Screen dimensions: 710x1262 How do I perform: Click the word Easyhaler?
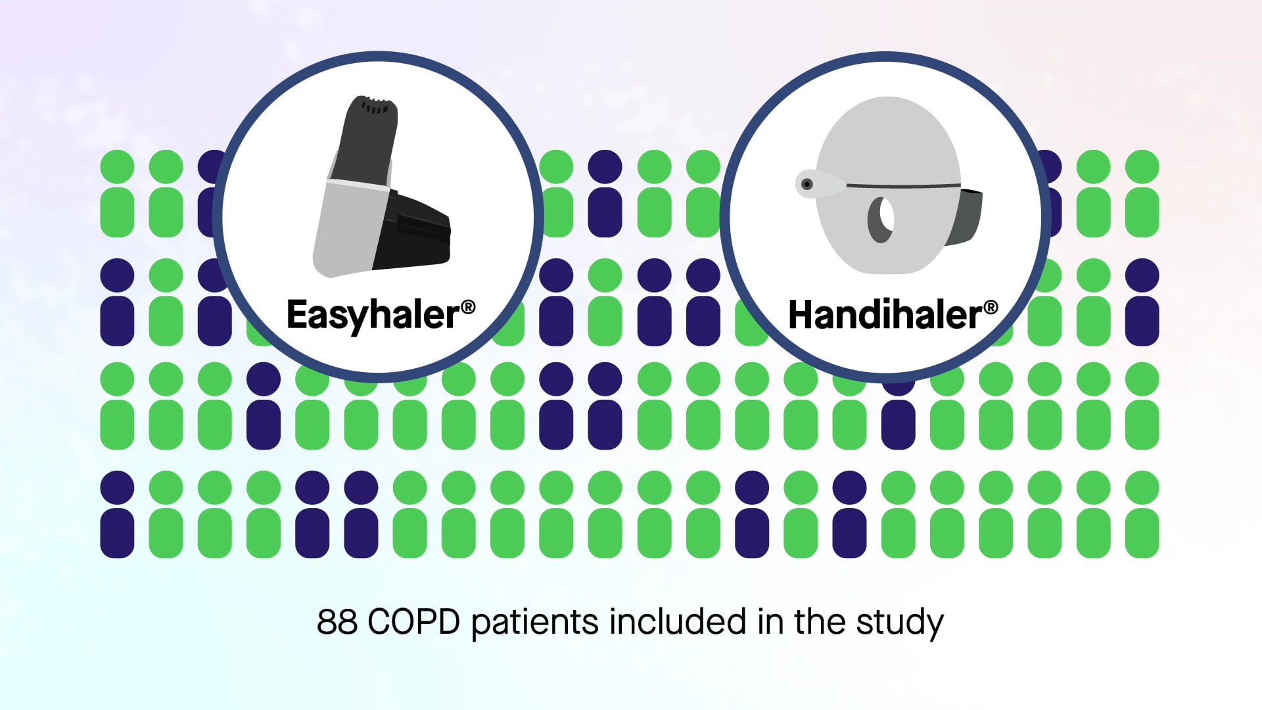[x=373, y=316]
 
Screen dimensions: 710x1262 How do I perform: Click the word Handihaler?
[x=885, y=316]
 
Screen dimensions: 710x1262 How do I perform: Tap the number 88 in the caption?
[x=337, y=622]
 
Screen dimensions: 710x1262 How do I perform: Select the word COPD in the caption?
[x=413, y=622]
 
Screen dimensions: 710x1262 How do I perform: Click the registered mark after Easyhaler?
[x=468, y=307]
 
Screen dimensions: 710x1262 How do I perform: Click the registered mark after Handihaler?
[x=991, y=307]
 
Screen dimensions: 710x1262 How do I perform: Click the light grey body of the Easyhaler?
[x=347, y=227]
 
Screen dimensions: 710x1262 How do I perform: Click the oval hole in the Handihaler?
[x=881, y=220]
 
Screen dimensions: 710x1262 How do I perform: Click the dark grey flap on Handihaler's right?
[x=968, y=217]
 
